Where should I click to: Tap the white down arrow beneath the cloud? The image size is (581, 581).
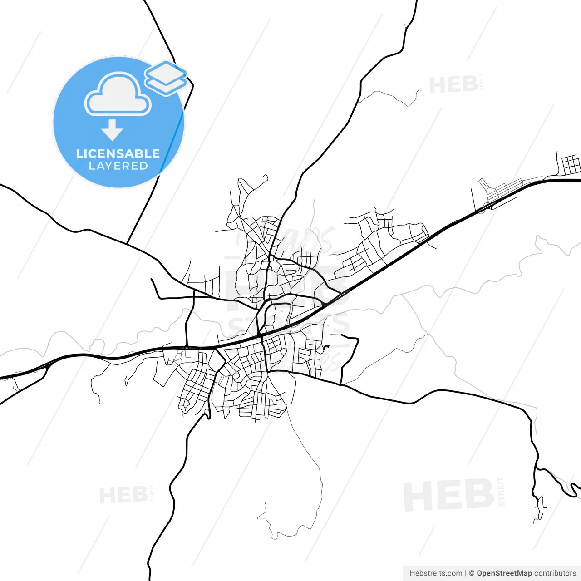112,130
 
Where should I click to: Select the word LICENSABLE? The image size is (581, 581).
118,153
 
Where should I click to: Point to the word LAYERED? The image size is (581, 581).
118,166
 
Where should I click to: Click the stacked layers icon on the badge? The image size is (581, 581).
166,77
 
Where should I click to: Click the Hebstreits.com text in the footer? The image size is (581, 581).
436,573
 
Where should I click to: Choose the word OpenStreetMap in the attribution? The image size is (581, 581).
504,573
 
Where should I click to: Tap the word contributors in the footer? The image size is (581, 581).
555,573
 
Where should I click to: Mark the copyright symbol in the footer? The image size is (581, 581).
472,573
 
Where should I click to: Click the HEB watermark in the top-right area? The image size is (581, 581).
453,85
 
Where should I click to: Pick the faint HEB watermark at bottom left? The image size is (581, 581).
123,495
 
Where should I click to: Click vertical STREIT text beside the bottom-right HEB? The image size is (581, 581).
501,492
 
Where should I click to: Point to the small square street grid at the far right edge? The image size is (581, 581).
571,164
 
